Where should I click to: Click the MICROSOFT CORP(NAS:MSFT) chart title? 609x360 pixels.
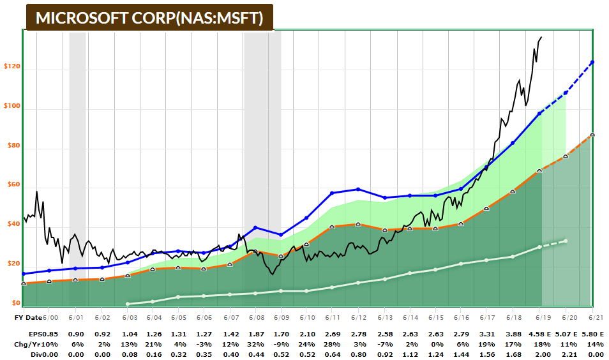(x=149, y=18)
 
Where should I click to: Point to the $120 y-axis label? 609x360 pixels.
(x=12, y=66)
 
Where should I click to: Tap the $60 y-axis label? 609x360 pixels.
(x=12, y=185)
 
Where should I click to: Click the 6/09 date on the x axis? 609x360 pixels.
(x=281, y=317)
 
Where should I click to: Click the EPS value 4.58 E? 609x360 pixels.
(x=542, y=333)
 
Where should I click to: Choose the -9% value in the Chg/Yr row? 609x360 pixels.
(x=281, y=343)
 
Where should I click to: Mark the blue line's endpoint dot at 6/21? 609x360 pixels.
(x=592, y=62)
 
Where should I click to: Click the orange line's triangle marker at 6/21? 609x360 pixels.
(x=592, y=135)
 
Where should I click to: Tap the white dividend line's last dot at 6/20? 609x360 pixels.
(x=566, y=241)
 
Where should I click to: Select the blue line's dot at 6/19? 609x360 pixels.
(x=540, y=113)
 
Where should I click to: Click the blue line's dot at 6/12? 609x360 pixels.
(x=358, y=189)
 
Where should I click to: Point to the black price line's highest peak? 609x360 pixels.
(x=541, y=37)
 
